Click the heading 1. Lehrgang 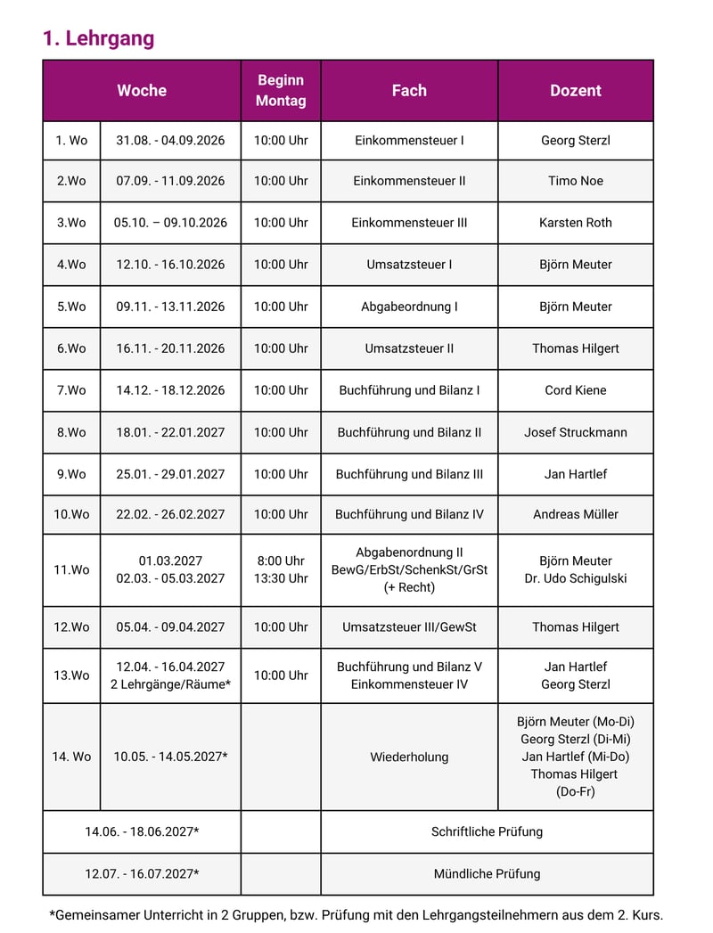[98, 38]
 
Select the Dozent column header [575, 90]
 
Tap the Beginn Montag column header [281, 90]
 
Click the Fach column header [409, 90]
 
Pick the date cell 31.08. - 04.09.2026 [170, 140]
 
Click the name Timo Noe [575, 180]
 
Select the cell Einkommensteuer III [409, 222]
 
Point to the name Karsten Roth [575, 222]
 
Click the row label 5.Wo [71, 306]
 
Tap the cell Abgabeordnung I [409, 306]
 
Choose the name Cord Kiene [575, 389]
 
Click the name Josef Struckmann [575, 431]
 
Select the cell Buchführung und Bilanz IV [409, 513]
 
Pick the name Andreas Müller [575, 513]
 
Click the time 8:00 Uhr [281, 561]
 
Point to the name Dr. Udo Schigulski [575, 578]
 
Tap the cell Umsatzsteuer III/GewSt [409, 626]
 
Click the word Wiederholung [409, 757]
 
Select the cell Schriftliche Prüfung [487, 831]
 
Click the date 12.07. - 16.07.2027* [142, 873]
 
